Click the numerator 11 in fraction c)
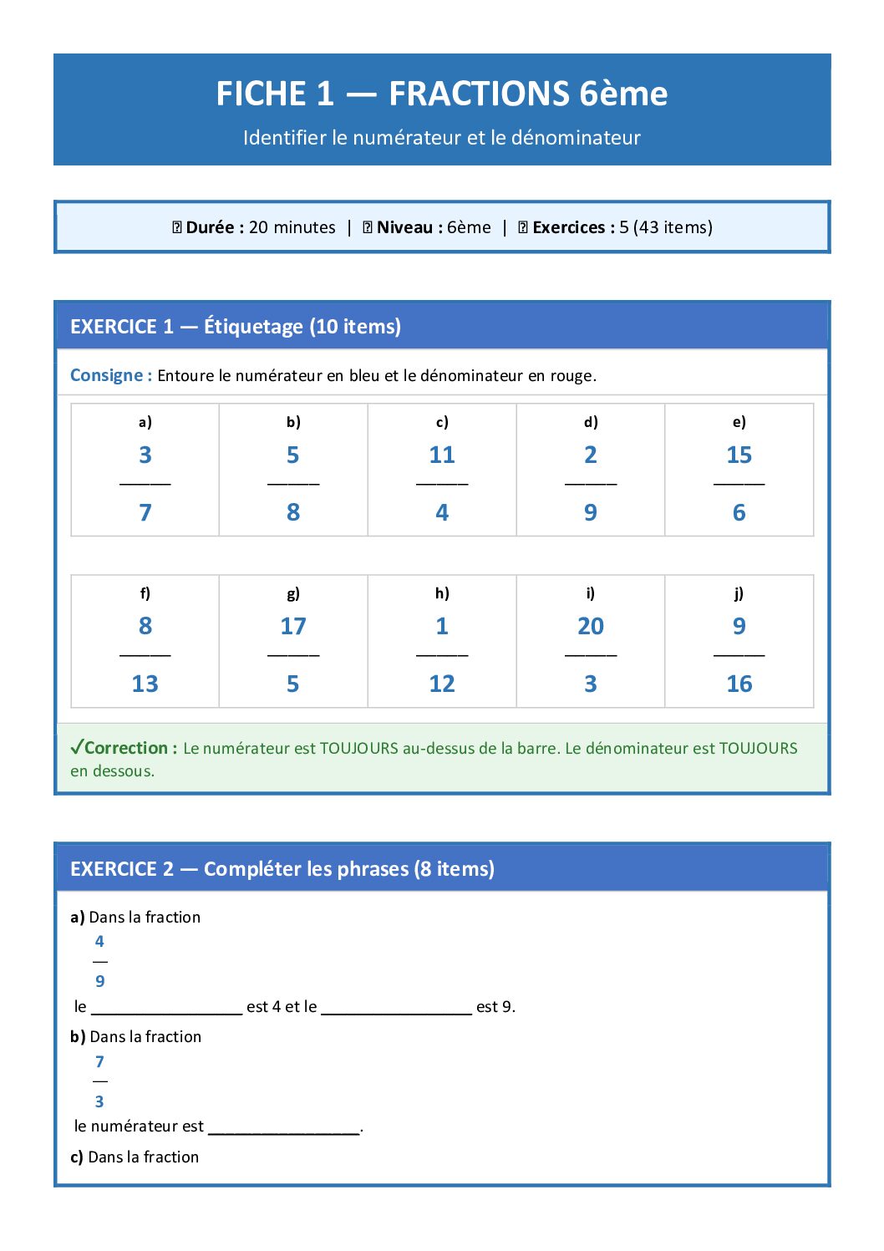441,455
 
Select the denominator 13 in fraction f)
145,684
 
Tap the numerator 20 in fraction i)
590,627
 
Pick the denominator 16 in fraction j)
739,684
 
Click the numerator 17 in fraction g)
293,627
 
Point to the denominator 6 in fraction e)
739,513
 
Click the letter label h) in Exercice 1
442,593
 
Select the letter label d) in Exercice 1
591,422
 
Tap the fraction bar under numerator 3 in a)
145,484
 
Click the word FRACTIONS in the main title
479,94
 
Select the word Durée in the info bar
210,227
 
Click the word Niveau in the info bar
404,227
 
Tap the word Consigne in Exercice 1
106,375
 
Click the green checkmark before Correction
77,747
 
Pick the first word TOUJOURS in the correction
358,749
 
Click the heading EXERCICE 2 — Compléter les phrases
282,869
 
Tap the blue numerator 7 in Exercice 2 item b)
99,1062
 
